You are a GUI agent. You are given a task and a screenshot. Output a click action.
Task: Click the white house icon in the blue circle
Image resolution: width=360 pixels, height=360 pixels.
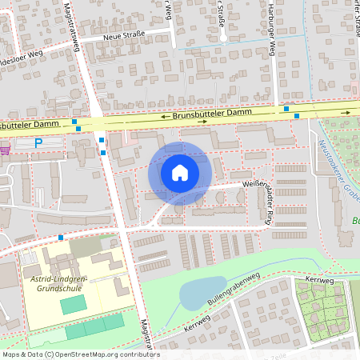[180, 173]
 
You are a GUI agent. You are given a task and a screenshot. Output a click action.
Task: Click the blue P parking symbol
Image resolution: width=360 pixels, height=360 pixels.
[38, 143]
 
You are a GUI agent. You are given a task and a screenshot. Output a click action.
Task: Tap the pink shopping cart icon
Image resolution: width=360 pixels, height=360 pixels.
[5, 149]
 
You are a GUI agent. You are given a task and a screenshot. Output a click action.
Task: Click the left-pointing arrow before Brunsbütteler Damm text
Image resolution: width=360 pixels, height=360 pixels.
[165, 117]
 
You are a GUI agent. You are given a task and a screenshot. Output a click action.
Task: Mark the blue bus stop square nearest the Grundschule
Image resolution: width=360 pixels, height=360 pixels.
[62, 237]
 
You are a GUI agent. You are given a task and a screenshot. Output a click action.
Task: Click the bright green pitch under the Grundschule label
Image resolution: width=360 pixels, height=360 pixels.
[73, 304]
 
